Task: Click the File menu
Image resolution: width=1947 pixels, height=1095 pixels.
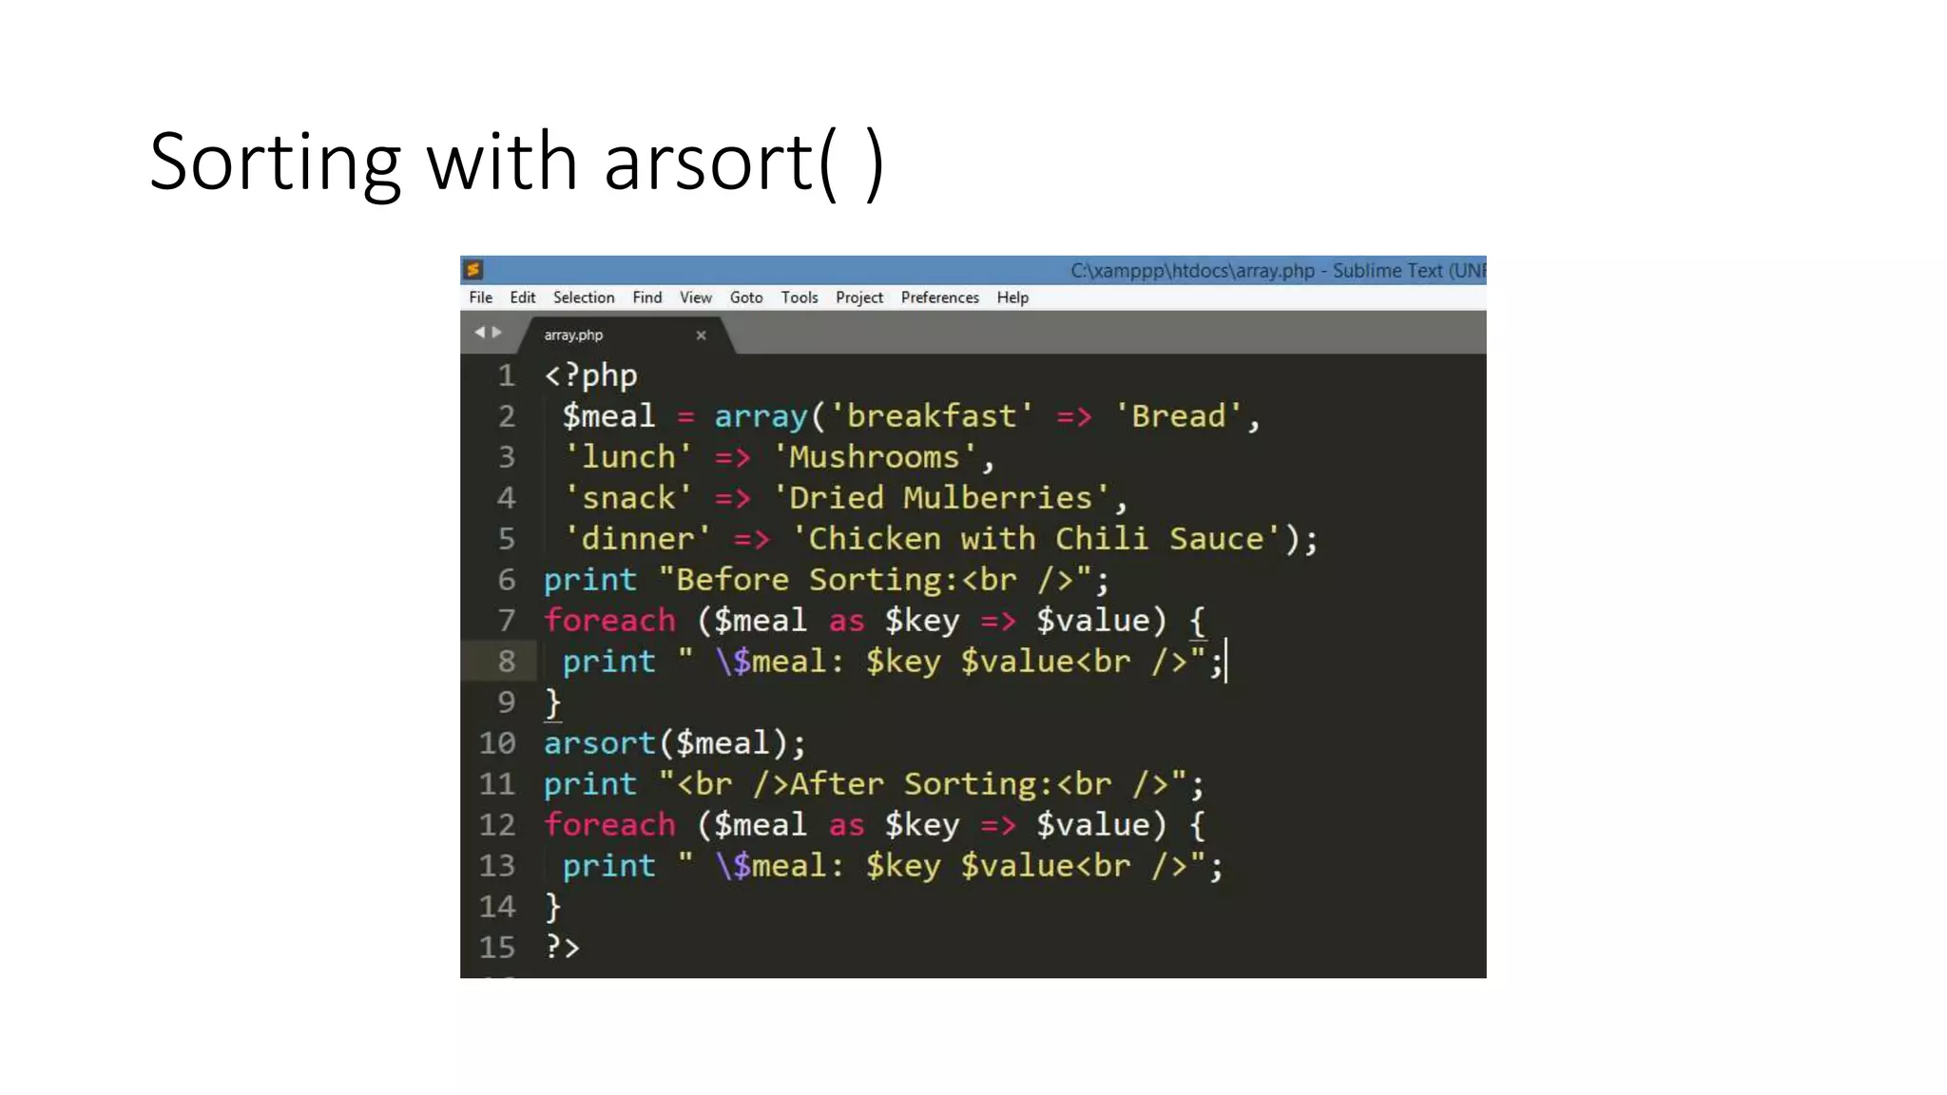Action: pos(480,298)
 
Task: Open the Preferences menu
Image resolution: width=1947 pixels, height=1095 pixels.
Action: pos(939,298)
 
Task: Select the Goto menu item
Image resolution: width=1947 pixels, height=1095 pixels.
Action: pos(746,298)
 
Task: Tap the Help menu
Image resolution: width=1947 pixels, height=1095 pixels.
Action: pos(1012,298)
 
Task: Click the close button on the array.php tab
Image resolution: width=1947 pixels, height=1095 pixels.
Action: pos(701,335)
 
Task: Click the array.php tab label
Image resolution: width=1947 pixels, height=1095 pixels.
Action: pos(573,335)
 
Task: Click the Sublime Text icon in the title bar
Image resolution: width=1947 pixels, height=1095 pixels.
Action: pos(474,270)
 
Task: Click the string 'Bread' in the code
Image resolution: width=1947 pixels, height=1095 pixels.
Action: pos(1179,416)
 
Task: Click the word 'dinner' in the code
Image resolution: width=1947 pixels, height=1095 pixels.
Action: pos(637,539)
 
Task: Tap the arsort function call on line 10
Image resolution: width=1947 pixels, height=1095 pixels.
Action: pos(600,743)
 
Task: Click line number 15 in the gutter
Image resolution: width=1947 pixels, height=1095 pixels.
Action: pos(497,948)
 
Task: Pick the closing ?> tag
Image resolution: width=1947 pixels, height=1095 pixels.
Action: pos(562,948)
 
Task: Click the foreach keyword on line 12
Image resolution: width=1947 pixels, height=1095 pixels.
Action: pos(609,825)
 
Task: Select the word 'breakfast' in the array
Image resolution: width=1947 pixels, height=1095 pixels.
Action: pos(931,416)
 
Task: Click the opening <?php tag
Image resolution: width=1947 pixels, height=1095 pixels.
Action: pos(590,375)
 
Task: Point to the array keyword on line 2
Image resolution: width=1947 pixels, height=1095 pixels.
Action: pos(761,416)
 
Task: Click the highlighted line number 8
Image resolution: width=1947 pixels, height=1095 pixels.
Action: pos(507,662)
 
